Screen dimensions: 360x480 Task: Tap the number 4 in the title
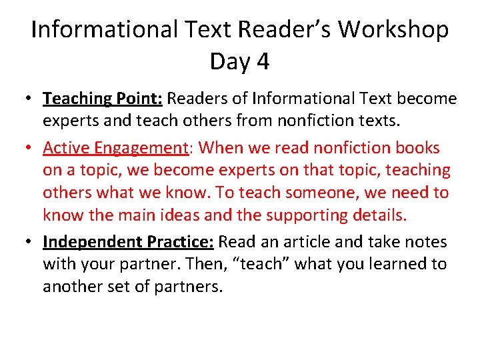click(x=263, y=62)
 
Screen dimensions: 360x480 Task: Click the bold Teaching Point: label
click(x=103, y=99)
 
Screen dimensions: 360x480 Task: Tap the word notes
click(x=425, y=241)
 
